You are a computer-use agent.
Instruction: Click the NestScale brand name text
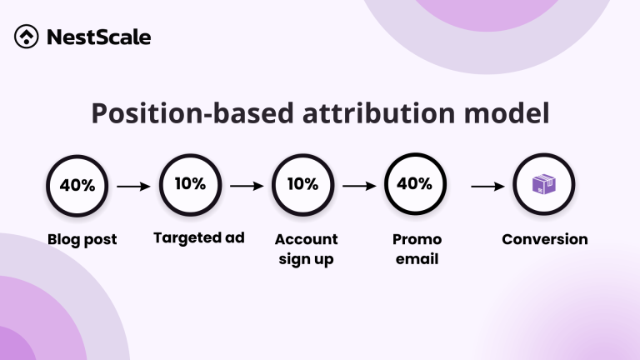(x=98, y=37)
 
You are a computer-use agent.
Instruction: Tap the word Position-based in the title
(x=175, y=114)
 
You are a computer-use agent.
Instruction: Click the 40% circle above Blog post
(x=77, y=186)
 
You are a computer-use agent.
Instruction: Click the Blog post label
(x=82, y=240)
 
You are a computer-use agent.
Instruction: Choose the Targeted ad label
(x=198, y=238)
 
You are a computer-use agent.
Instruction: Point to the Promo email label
(x=416, y=249)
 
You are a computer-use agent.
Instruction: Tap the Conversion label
(x=544, y=239)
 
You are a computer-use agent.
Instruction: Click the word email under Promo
(x=416, y=259)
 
